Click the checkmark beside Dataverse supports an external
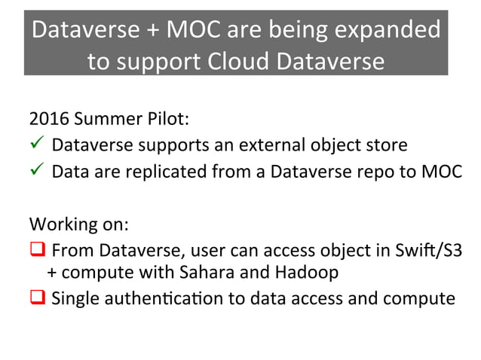click(x=36, y=144)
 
